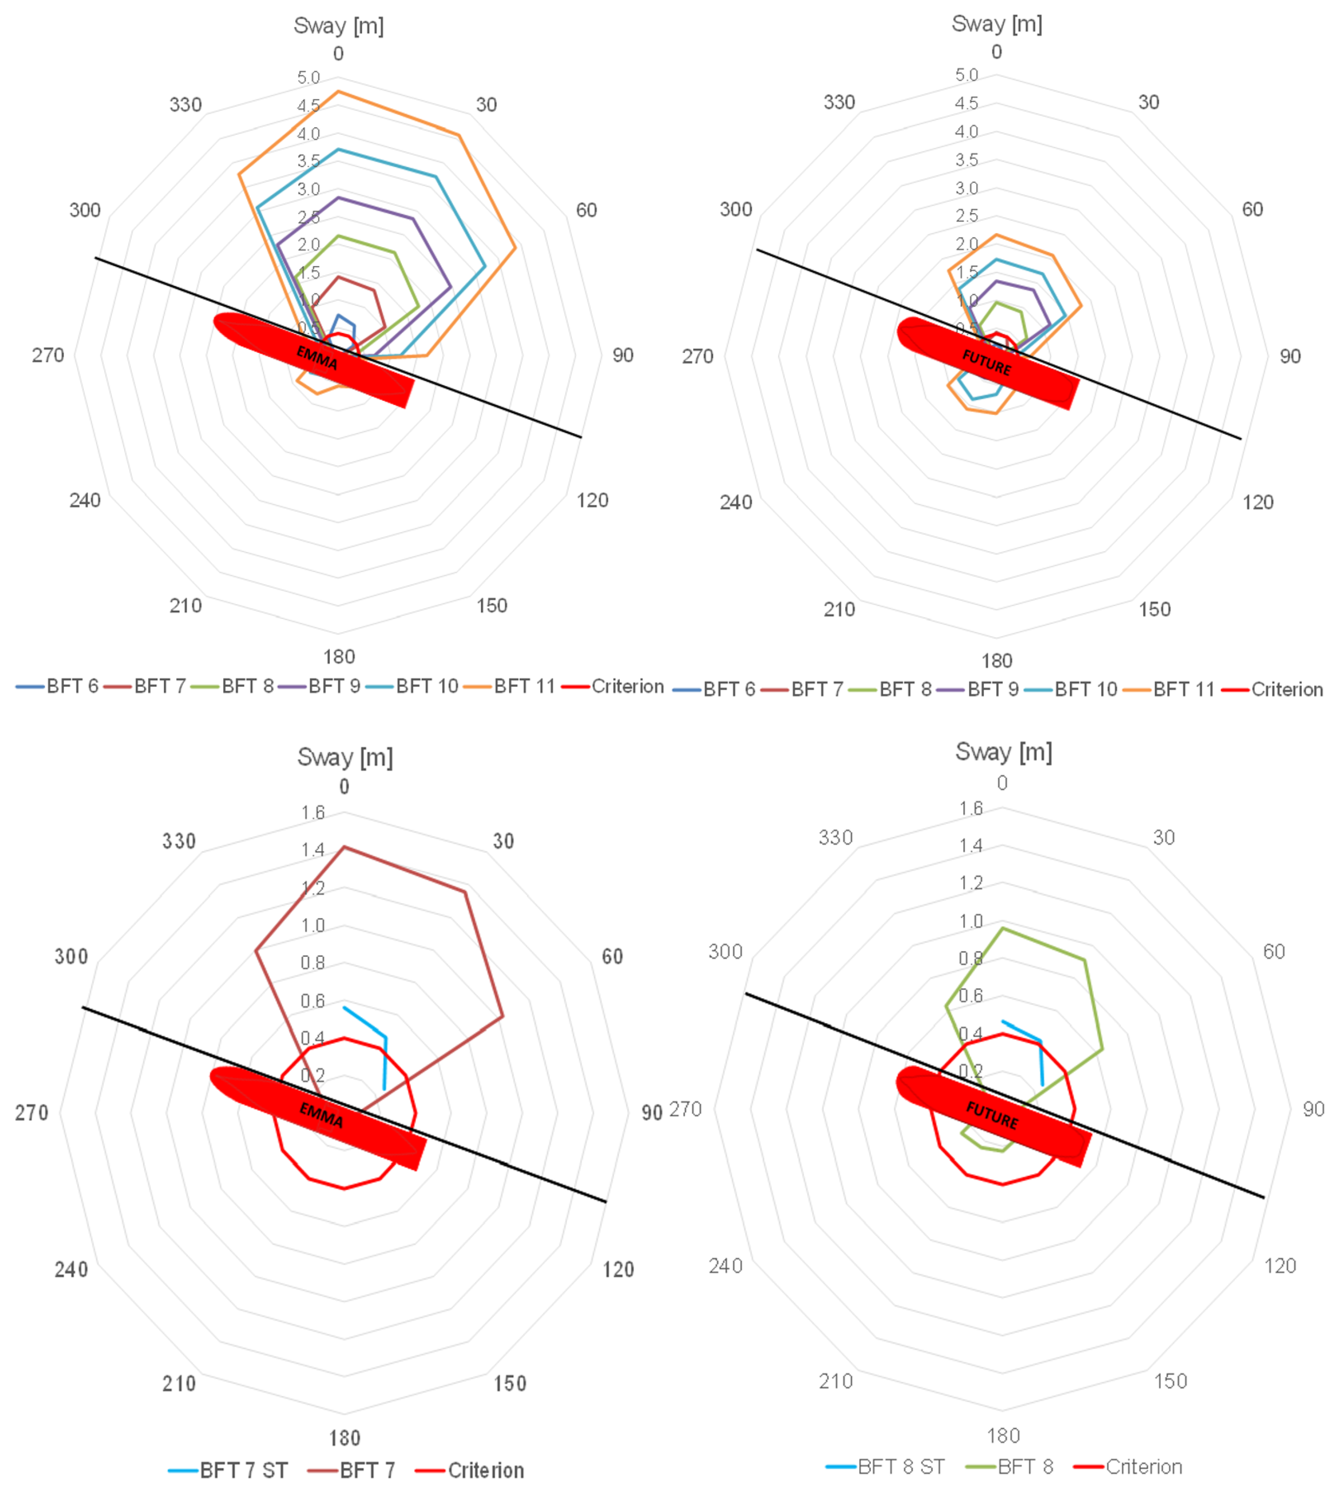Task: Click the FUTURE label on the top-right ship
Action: tap(987, 362)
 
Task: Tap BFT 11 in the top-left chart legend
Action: tap(524, 686)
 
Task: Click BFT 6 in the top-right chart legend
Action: tap(728, 689)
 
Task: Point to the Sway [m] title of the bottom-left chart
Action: tap(344, 757)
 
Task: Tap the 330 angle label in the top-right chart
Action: tap(839, 102)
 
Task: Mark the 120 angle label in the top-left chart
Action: tap(592, 500)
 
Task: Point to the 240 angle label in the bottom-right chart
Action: tap(725, 1265)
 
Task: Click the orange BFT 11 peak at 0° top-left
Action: tap(338, 92)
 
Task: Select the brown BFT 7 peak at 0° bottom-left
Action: tap(344, 847)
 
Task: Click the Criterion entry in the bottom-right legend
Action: tap(1143, 1467)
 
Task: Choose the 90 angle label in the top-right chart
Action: tap(1290, 357)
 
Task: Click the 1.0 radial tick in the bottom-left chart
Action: tap(313, 925)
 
